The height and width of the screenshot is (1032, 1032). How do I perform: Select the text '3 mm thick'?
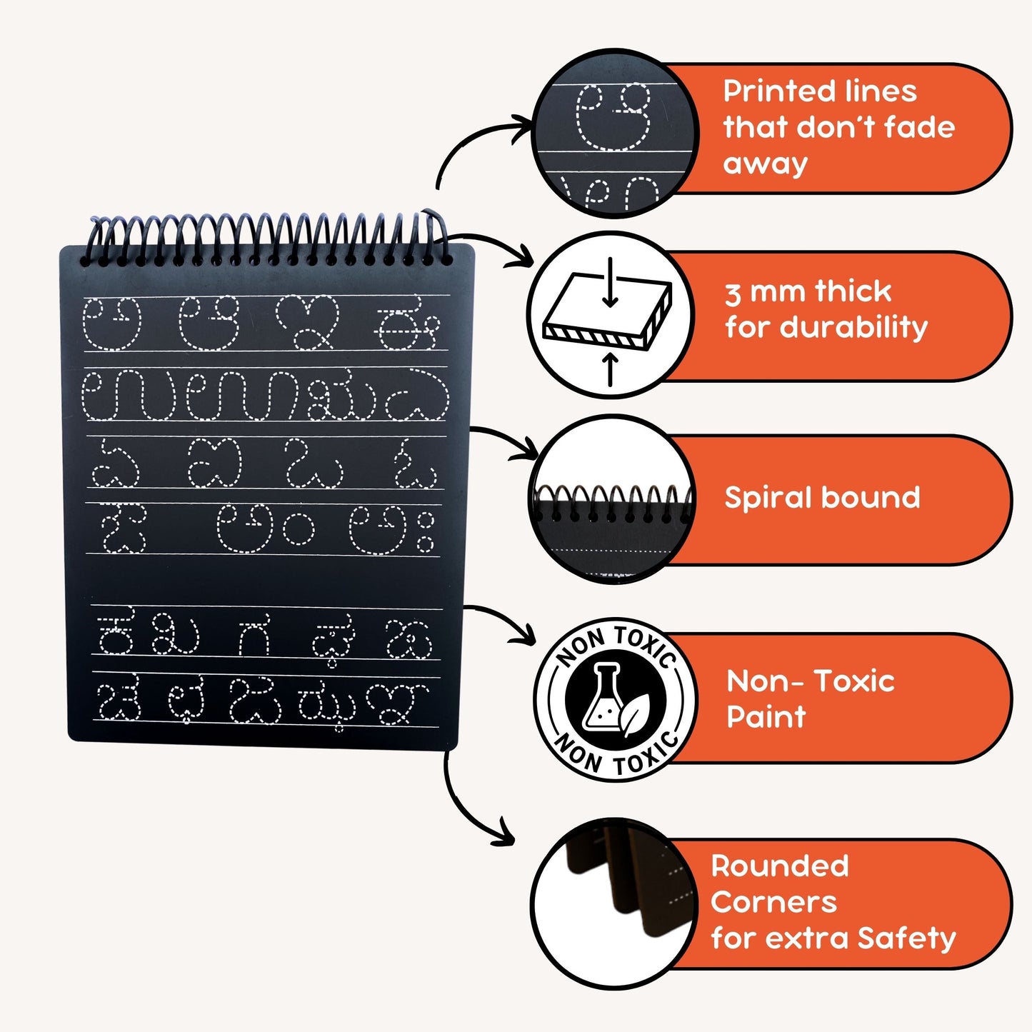pos(808,291)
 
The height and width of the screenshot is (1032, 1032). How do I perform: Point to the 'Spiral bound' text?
pos(822,498)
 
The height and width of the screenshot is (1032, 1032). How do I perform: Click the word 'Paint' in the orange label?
pos(766,716)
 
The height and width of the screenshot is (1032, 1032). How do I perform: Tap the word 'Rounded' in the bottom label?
pos(780,866)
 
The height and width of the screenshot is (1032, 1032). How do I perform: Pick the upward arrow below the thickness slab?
pos(609,369)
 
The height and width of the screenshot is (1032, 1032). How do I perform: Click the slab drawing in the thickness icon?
pos(607,318)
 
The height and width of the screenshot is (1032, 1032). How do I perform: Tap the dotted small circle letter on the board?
pos(298,528)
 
